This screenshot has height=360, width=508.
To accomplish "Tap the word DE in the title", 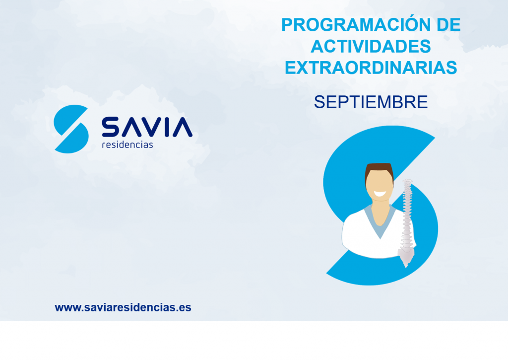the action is coord(448,25).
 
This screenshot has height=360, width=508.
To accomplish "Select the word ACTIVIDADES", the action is coord(371,46).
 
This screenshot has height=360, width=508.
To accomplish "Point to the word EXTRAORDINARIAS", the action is coord(371,68).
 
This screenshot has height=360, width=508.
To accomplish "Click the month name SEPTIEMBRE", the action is coord(371,102).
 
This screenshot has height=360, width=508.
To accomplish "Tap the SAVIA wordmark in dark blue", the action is coord(147,127).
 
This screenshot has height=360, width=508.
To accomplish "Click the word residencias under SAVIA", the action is coord(127,144).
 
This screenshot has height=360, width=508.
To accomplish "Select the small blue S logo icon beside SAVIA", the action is coord(71,129).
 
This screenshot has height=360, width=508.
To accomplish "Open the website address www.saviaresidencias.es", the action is coord(123,307).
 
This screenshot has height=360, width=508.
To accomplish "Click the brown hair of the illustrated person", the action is coord(379,169).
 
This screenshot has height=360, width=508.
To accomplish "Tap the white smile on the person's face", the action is coord(380,194).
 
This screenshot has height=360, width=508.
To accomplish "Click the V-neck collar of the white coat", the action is coord(380,224).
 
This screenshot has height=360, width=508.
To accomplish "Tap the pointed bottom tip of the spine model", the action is coord(406,267).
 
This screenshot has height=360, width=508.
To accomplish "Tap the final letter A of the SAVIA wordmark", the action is coord(183,127).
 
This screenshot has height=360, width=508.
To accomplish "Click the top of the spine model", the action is coord(407,181).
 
